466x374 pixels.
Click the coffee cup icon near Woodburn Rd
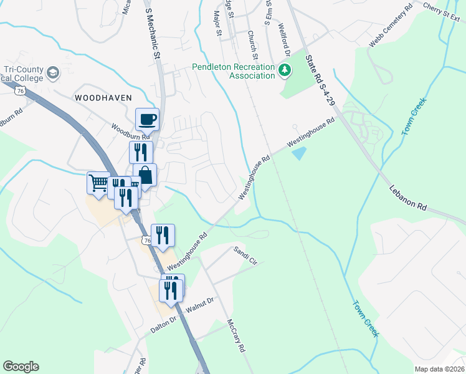click(x=148, y=119)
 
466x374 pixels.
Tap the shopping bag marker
click(x=145, y=175)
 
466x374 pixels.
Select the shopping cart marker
click(x=98, y=183)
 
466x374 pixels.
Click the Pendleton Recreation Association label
click(x=234, y=71)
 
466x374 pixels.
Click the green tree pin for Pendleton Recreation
click(x=285, y=69)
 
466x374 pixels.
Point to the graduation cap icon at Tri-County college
click(x=53, y=72)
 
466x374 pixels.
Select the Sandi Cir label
click(x=245, y=256)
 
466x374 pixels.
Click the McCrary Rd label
click(x=235, y=337)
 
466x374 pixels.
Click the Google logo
click(x=21, y=367)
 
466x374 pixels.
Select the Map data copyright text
click(x=440, y=369)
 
